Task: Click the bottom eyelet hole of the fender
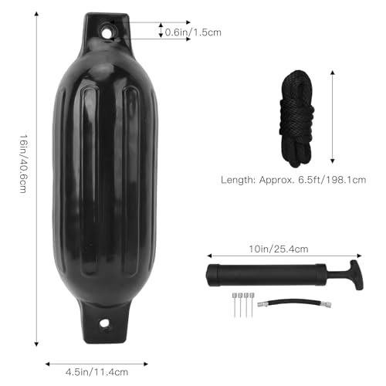(x=106, y=323)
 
